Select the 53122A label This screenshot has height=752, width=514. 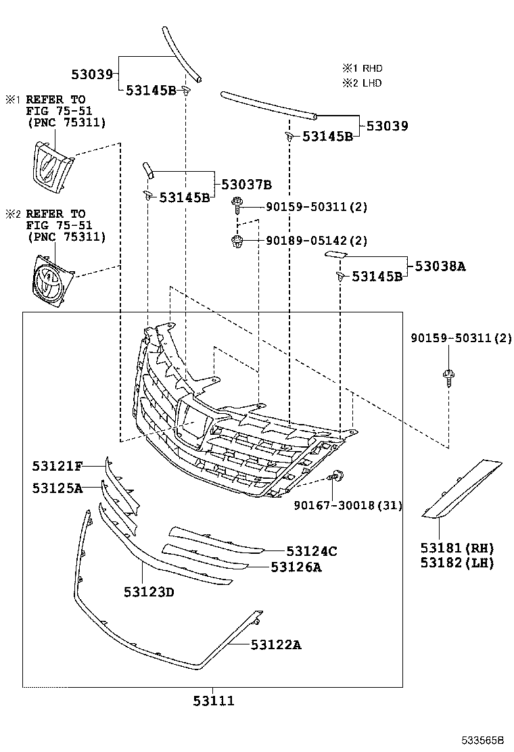[276, 644]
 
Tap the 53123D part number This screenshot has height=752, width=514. [149, 592]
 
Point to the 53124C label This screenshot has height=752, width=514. [311, 551]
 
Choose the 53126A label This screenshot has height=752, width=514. [296, 567]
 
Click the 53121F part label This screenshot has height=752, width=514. [57, 465]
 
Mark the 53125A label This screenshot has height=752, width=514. [57, 487]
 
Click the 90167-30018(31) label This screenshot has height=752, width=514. [348, 505]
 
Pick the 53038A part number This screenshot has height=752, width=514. [440, 266]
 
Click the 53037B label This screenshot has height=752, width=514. [247, 184]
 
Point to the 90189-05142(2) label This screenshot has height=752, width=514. [317, 240]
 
